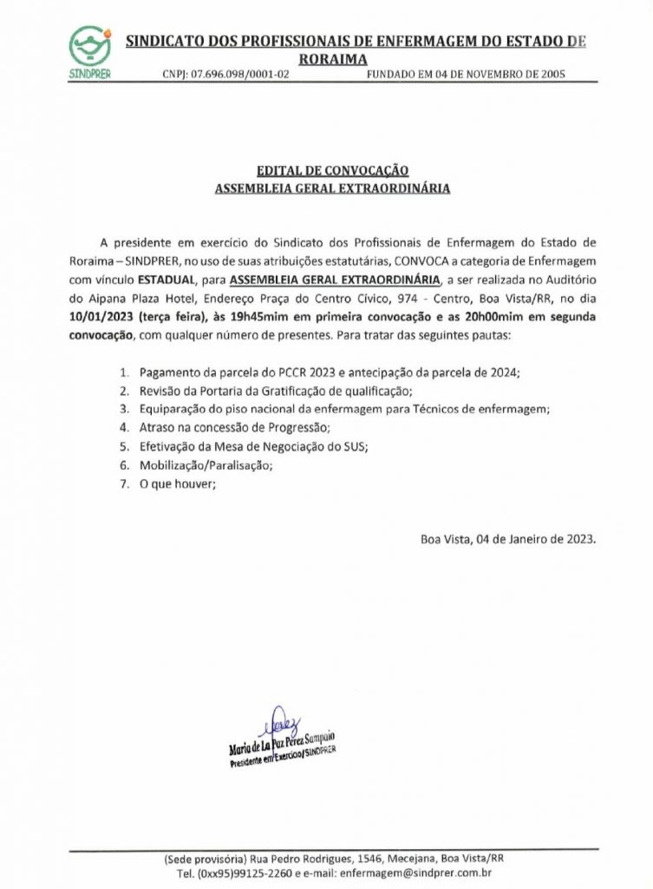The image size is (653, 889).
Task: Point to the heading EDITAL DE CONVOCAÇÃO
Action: coord(332,170)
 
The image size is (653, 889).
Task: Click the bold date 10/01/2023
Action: coord(122,317)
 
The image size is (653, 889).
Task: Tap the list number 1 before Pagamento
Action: coord(124,372)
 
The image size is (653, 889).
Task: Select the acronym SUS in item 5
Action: coord(356,446)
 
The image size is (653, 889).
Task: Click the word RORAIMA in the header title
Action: coord(332,58)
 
